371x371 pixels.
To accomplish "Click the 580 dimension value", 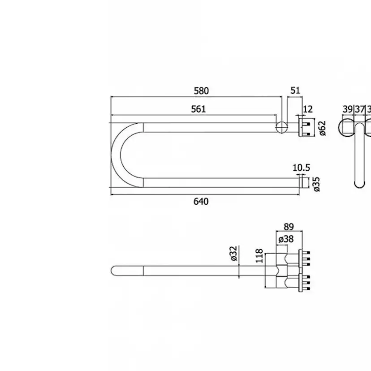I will pyautogui.click(x=202, y=91).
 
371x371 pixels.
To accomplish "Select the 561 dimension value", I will pyautogui.click(x=198, y=109).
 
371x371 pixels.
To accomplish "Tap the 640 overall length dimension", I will pyautogui.click(x=201, y=202).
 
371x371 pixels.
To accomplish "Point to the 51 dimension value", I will pyautogui.click(x=295, y=91).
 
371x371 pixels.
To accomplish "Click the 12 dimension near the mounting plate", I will pyautogui.click(x=307, y=109).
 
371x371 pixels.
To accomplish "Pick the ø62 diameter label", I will pyautogui.click(x=322, y=128).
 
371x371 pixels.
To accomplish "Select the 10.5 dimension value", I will pyautogui.click(x=301, y=168).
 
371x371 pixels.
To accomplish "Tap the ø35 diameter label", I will pyautogui.click(x=317, y=184).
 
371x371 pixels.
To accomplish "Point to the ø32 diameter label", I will pyautogui.click(x=233, y=254).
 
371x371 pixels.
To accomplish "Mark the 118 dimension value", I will pyautogui.click(x=259, y=256).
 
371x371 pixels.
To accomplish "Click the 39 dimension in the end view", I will pyautogui.click(x=348, y=109).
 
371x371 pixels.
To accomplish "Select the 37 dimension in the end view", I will pyautogui.click(x=359, y=109).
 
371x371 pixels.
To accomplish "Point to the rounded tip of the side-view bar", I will pyautogui.click(x=114, y=271).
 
